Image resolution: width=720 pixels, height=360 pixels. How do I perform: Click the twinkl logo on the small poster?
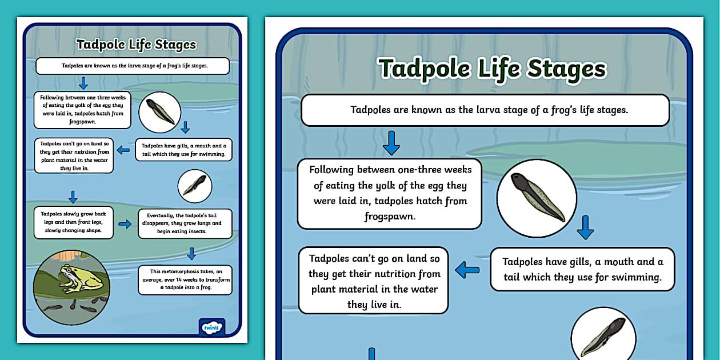coord(211,327)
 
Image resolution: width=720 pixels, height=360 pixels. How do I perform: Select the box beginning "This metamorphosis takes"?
coord(185,279)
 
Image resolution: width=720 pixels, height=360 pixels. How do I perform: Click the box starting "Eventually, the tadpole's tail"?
coord(185,223)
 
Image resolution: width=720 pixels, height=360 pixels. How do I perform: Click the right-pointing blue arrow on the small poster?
coord(125,224)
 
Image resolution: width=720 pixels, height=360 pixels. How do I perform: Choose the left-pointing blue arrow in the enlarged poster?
coord(467,269)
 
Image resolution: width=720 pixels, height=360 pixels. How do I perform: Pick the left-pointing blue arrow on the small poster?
coord(123,150)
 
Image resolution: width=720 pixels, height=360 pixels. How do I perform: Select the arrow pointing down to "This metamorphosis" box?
coord(191,253)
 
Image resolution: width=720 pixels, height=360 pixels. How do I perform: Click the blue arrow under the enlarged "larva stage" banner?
coord(391,142)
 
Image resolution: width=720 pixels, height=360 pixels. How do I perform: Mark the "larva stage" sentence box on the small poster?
coord(133,66)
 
